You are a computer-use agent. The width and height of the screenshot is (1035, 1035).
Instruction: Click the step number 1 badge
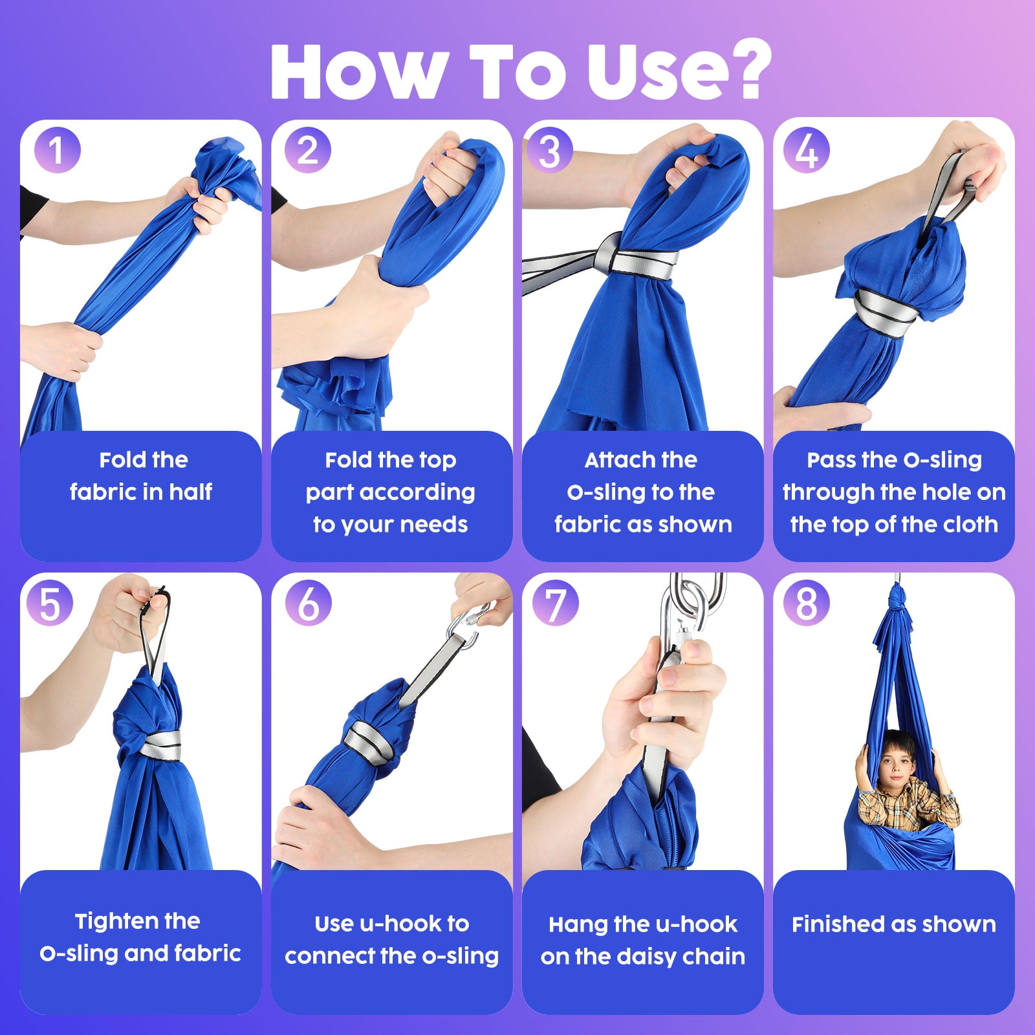(58, 150)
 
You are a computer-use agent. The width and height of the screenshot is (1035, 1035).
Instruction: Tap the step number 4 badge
(807, 150)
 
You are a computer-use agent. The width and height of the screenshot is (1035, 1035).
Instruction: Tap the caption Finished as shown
(894, 924)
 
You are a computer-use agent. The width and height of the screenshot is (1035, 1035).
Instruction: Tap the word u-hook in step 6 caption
(402, 924)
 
